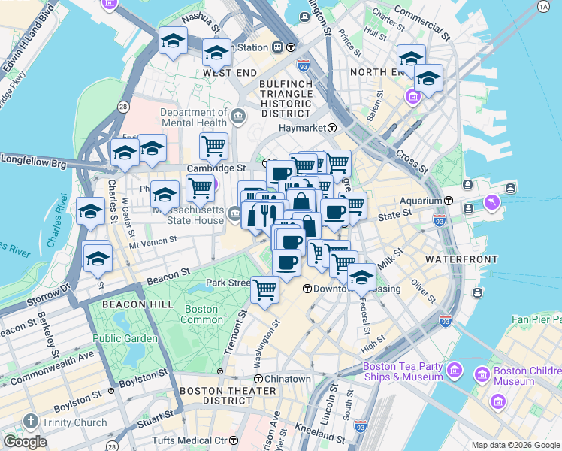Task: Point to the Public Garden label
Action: click(x=125, y=338)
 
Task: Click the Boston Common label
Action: click(x=201, y=314)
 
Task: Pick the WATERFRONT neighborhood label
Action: click(x=461, y=259)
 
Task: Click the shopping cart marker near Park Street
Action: click(x=264, y=289)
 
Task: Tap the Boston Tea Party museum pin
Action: click(x=454, y=370)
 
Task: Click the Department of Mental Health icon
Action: click(x=238, y=116)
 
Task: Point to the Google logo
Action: click(x=25, y=442)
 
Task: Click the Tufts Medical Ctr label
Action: click(x=188, y=440)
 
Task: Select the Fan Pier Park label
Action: click(x=536, y=319)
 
